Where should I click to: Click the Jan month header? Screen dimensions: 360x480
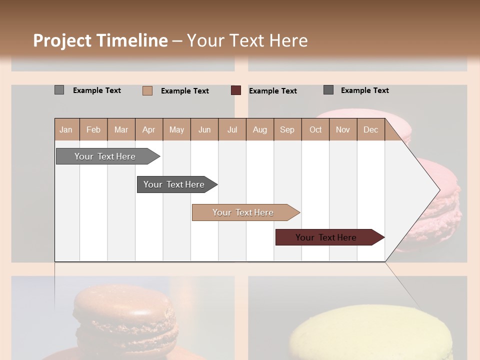tap(66, 129)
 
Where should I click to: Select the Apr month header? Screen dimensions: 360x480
tap(149, 129)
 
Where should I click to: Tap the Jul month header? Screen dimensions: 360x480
tap(232, 129)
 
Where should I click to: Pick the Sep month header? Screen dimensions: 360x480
tap(287, 129)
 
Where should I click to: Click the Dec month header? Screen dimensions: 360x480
tap(370, 129)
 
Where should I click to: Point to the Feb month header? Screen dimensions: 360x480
tap(93, 129)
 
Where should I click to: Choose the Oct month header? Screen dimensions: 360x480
tap(315, 129)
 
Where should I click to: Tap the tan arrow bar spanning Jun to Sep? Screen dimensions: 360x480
tap(244, 212)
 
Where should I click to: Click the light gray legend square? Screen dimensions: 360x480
tap(59, 90)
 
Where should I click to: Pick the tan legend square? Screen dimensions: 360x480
tap(147, 90)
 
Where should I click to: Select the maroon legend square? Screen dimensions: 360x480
tap(236, 90)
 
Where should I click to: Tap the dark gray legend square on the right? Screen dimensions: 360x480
tap(328, 90)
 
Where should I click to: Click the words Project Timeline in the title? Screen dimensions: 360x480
tap(100, 40)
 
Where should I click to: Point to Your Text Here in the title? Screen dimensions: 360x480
tap(247, 40)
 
